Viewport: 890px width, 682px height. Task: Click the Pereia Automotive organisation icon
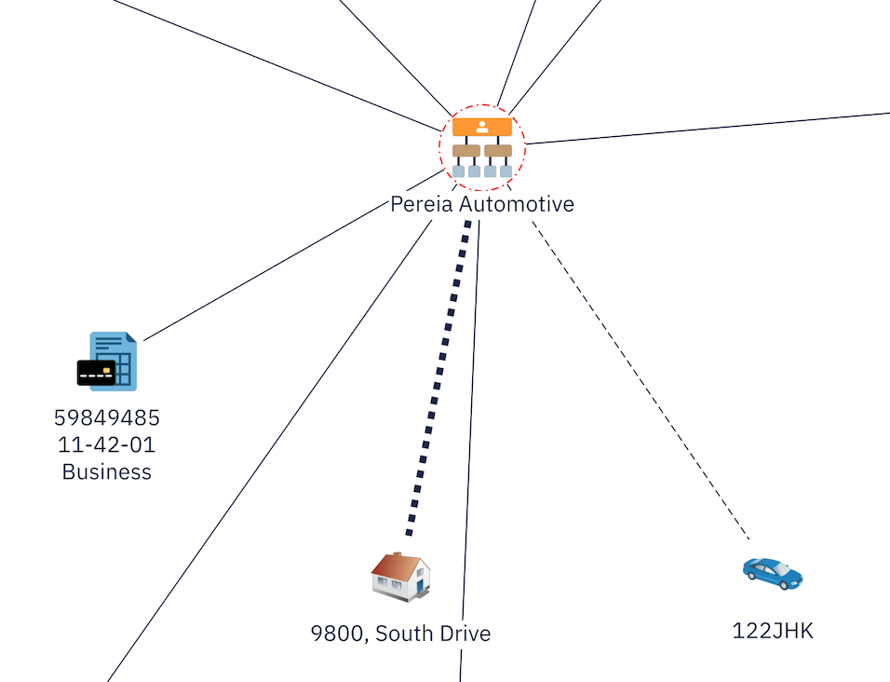click(482, 147)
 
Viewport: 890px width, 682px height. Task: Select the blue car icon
click(773, 574)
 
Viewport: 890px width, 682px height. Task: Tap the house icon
click(400, 577)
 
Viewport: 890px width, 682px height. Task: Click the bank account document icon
click(107, 361)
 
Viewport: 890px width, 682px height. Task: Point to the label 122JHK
click(773, 631)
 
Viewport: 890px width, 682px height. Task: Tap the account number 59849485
click(107, 417)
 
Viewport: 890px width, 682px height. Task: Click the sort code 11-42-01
click(107, 444)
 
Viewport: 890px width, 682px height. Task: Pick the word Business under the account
click(107, 471)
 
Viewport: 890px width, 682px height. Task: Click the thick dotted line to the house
click(438, 377)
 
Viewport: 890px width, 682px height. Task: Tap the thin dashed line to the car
click(641, 380)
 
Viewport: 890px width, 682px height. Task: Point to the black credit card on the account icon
click(97, 373)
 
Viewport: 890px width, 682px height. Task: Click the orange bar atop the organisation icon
click(482, 127)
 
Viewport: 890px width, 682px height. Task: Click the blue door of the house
click(420, 586)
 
